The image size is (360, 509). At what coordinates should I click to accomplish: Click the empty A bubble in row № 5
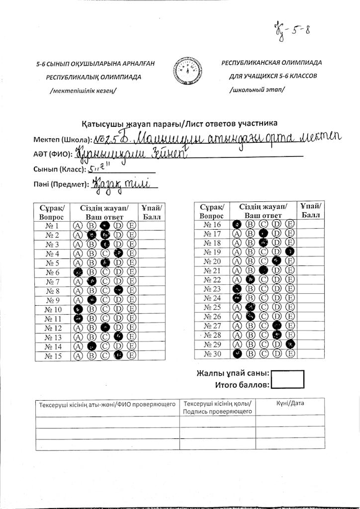[78, 263]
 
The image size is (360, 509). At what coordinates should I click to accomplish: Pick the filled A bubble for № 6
[78, 272]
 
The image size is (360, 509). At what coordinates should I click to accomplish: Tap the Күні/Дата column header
[290, 403]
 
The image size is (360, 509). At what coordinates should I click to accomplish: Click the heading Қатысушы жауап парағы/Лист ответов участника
[180, 123]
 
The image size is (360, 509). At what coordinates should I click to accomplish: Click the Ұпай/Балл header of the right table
[311, 211]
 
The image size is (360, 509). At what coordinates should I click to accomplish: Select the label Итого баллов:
[242, 385]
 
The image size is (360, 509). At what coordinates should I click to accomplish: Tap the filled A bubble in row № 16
[237, 225]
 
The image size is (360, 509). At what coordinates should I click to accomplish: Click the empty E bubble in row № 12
[132, 328]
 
